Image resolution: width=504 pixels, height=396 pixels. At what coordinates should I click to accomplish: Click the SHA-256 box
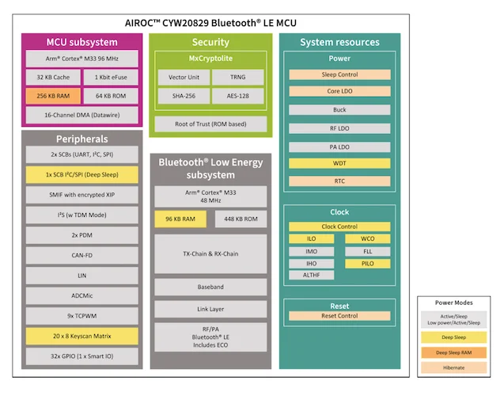click(183, 96)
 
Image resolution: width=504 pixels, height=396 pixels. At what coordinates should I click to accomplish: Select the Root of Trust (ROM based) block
click(210, 124)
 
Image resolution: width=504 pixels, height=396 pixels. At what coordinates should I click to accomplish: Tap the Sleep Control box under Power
click(339, 74)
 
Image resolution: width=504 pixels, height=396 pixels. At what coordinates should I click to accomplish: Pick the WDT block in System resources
click(339, 163)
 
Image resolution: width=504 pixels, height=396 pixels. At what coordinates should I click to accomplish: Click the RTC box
click(339, 181)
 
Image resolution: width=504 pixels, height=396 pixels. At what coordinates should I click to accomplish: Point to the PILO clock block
click(368, 262)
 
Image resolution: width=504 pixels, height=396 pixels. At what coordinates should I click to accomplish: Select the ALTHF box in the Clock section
click(312, 274)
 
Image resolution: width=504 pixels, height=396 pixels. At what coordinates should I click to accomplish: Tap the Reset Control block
click(339, 316)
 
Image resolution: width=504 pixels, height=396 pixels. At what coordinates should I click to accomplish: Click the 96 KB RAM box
click(180, 219)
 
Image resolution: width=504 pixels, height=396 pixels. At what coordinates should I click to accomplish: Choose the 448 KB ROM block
click(240, 219)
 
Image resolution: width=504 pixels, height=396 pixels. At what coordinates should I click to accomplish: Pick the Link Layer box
click(210, 309)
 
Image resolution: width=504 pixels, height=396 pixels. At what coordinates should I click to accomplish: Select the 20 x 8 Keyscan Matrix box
click(81, 336)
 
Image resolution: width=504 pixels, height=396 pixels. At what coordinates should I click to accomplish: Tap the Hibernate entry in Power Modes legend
click(454, 367)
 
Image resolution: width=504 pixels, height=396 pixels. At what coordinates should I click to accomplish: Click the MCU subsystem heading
click(81, 42)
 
